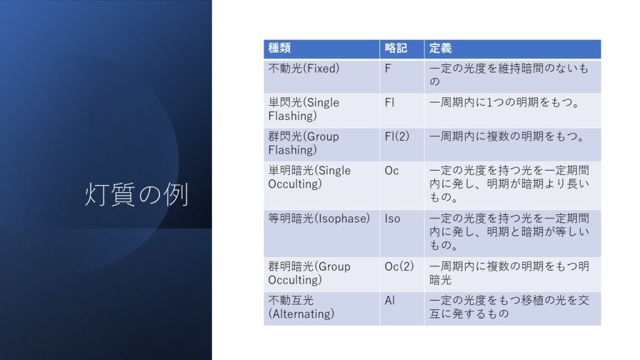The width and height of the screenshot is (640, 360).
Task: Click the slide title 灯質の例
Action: point(136,194)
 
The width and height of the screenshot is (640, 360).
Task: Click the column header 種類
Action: point(279,48)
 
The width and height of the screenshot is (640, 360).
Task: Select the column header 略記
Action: point(396,48)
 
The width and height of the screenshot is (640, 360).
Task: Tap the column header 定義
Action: point(441,48)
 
